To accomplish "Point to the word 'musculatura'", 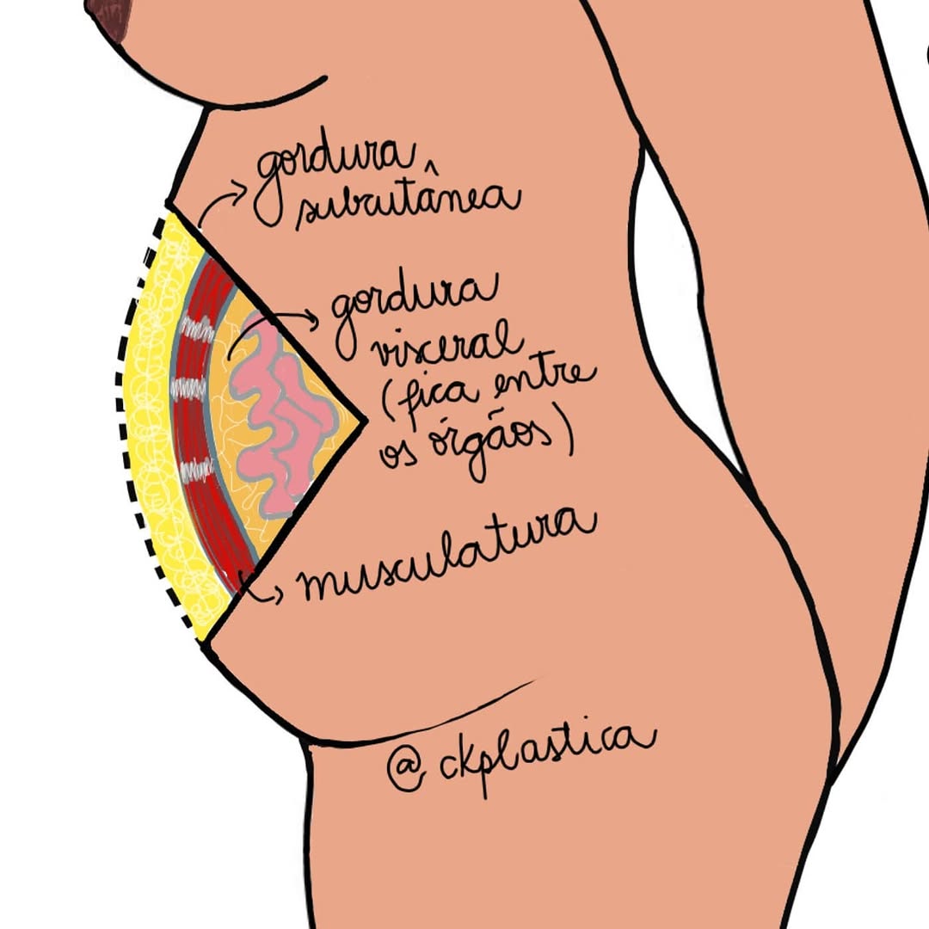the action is pos(448,557).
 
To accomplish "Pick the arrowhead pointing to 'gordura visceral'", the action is pos(311,320).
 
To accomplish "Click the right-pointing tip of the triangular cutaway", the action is pos(366,421).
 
